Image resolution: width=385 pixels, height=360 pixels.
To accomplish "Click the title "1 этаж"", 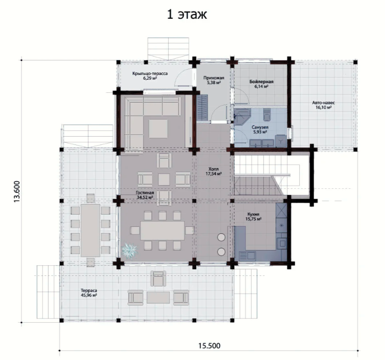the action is pos(187,14).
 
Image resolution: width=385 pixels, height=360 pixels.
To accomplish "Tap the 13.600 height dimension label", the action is pos(17,191).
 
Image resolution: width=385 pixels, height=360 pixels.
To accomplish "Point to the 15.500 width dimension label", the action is pos(209,346).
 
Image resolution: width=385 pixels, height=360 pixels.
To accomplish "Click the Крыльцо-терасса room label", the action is pos(150,74).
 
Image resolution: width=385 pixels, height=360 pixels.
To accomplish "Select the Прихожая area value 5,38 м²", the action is pos(214,83).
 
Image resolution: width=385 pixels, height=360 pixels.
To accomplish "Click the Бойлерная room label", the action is pos(261,81).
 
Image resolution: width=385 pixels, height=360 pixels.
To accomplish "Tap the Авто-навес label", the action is pos(323,103).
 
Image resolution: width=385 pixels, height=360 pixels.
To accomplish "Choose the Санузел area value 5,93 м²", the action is pos(260,132).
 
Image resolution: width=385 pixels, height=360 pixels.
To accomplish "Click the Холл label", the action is pos(214,169).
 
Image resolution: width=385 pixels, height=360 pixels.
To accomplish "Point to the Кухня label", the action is pos(253,214).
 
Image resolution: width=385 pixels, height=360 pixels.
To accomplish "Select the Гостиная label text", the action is pos(145,193).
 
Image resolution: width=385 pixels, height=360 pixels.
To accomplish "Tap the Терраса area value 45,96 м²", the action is pos(89,295).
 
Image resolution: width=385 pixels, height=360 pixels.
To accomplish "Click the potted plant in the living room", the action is pos(129,251).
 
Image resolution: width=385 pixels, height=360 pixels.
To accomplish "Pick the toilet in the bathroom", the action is pos(267,115).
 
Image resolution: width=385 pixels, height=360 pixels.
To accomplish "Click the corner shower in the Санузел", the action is pos(242,117).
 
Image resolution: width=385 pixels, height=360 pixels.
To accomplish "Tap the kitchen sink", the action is pos(247,256).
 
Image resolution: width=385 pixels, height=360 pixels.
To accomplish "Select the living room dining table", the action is pos(163,231).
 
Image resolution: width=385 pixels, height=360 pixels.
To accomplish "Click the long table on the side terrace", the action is pos(91,230).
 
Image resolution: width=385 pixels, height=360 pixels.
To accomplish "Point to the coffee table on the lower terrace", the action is pos(158,297).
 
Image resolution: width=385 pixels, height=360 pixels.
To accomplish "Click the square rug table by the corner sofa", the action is pos(158,129).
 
